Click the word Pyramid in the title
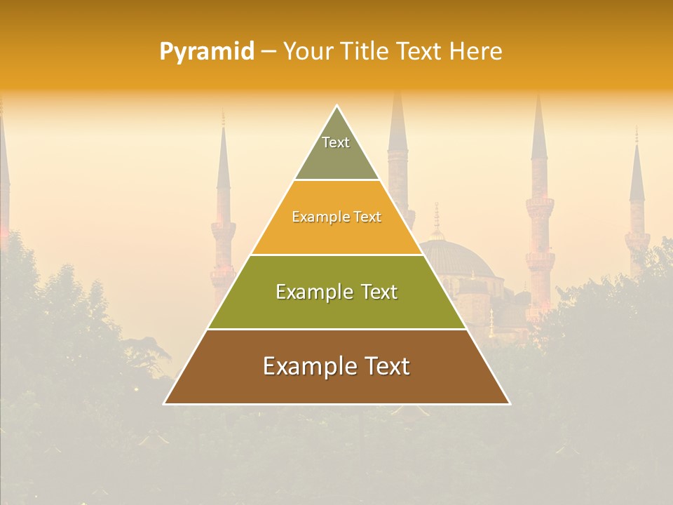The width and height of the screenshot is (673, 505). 206,52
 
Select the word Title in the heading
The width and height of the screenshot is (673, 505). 364,52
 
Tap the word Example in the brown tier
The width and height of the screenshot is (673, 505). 306,366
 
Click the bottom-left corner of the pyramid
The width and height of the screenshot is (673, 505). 165,403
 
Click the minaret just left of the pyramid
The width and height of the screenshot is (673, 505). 223,210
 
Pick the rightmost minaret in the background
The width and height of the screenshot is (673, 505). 637,203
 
